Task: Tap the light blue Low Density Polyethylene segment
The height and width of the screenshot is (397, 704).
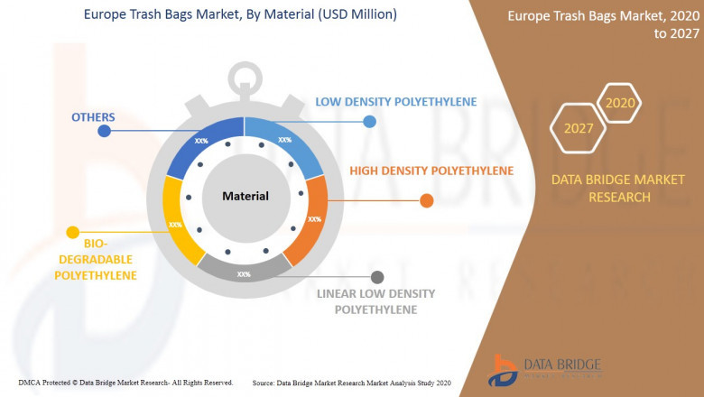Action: pos(288,144)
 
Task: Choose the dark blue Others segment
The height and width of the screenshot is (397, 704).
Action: pos(200,143)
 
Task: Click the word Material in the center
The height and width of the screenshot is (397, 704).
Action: pos(245,196)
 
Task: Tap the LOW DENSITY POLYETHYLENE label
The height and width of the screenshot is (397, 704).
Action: pos(395,102)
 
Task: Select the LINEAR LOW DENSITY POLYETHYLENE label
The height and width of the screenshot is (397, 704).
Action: pos(375,301)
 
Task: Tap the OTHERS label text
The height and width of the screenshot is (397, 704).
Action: pos(94,116)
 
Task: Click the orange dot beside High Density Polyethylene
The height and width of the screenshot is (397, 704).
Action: pos(427,200)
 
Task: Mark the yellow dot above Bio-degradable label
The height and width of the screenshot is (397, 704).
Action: pos(73,233)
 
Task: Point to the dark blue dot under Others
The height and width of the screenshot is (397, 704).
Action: pos(105,131)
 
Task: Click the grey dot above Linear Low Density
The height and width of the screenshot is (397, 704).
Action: pos(377,277)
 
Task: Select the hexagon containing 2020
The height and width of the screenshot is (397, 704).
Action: pos(620,103)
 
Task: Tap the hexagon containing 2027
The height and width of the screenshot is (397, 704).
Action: pos(579,128)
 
